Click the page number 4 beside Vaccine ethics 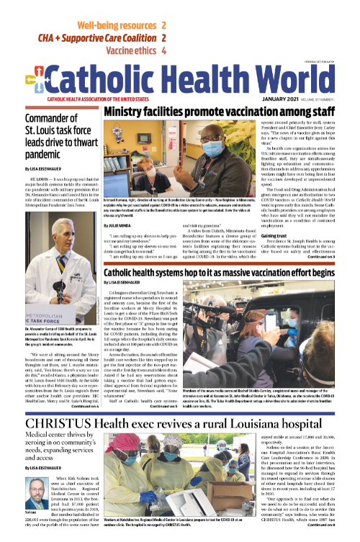(165, 51)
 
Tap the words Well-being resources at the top (116, 25)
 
